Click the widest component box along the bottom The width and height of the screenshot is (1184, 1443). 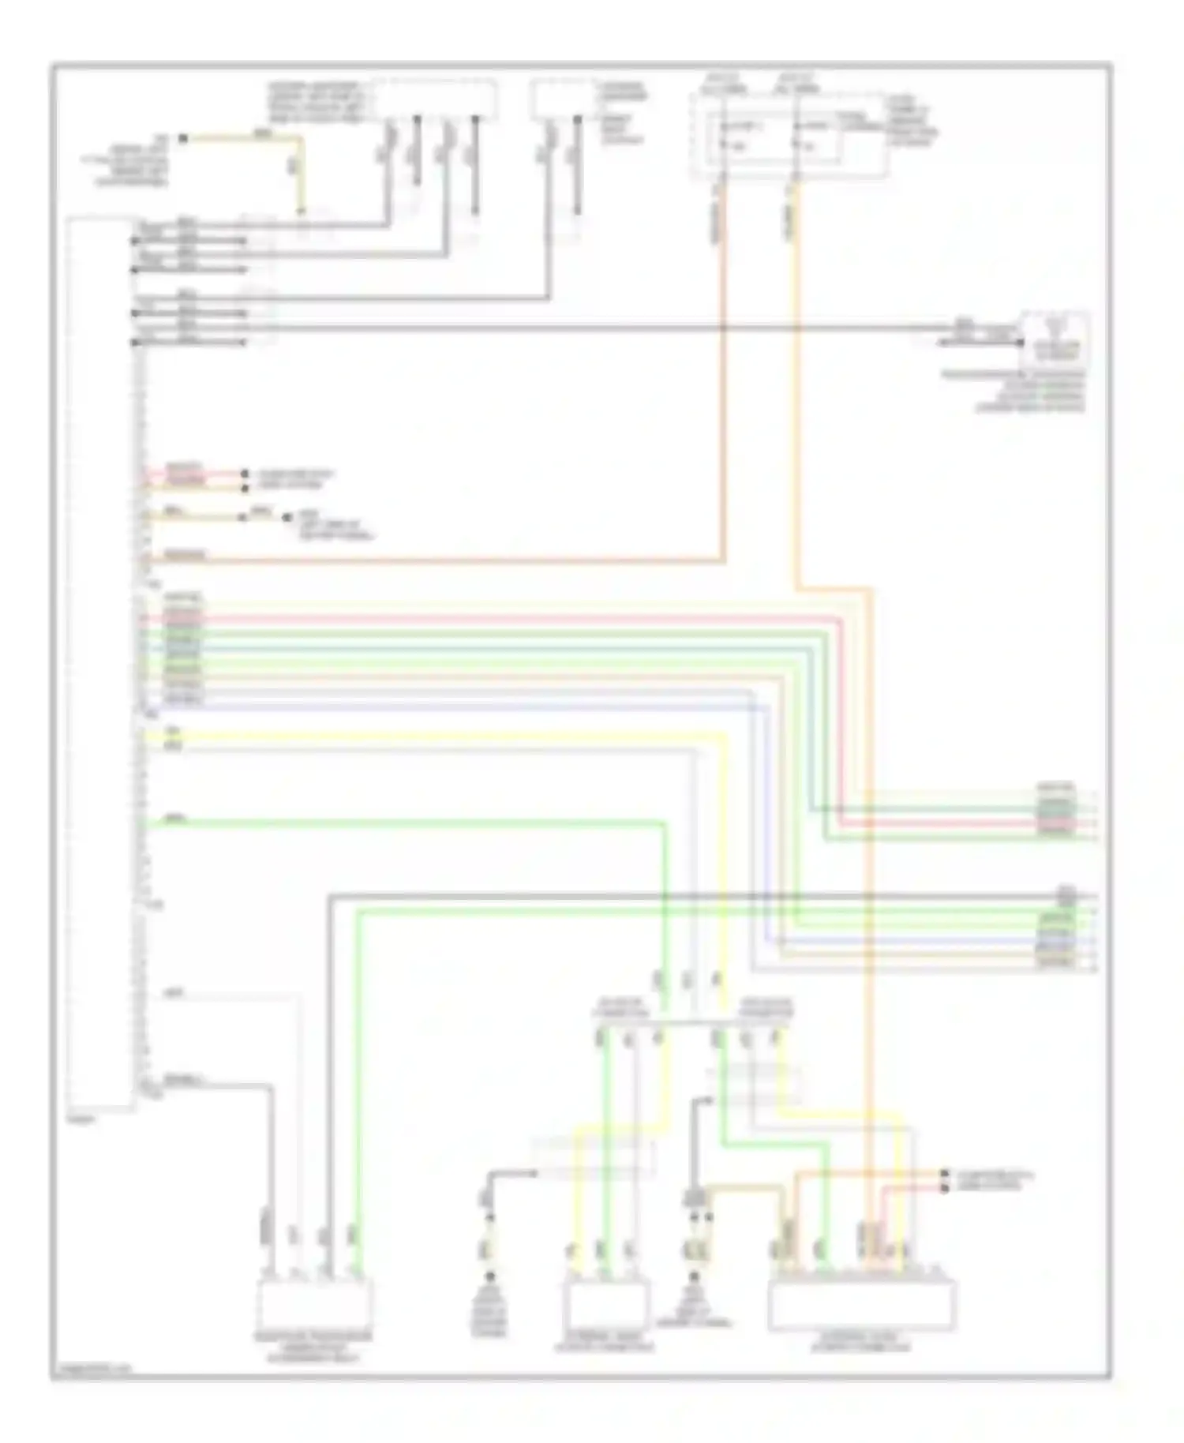861,1306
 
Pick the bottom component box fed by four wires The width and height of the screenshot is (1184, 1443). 313,1306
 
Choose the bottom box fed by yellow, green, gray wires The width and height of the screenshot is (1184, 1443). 605,1306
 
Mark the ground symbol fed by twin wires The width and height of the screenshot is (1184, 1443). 695,1280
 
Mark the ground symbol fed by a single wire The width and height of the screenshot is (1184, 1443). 490,1280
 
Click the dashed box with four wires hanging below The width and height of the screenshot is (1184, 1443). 434,99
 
